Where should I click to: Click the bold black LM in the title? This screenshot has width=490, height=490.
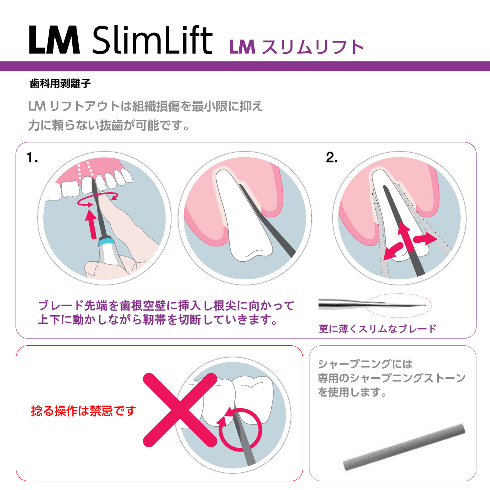54,40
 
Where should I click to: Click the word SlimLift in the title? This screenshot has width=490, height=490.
152,40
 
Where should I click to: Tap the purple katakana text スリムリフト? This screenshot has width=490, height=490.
313,47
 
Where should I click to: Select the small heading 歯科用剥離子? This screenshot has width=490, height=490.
60,84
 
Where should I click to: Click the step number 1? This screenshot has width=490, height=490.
32,158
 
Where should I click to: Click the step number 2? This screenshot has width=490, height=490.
332,158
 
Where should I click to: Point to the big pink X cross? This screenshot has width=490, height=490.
180,410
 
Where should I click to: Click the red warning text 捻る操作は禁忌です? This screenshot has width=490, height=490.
83,411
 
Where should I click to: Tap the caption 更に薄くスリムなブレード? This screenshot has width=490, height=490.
378,329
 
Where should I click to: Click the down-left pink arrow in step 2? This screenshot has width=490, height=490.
393,251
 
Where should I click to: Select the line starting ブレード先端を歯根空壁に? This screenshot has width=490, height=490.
166,306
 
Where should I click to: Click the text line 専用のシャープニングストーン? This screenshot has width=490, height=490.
391,378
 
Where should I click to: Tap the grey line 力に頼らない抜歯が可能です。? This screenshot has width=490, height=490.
109,126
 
